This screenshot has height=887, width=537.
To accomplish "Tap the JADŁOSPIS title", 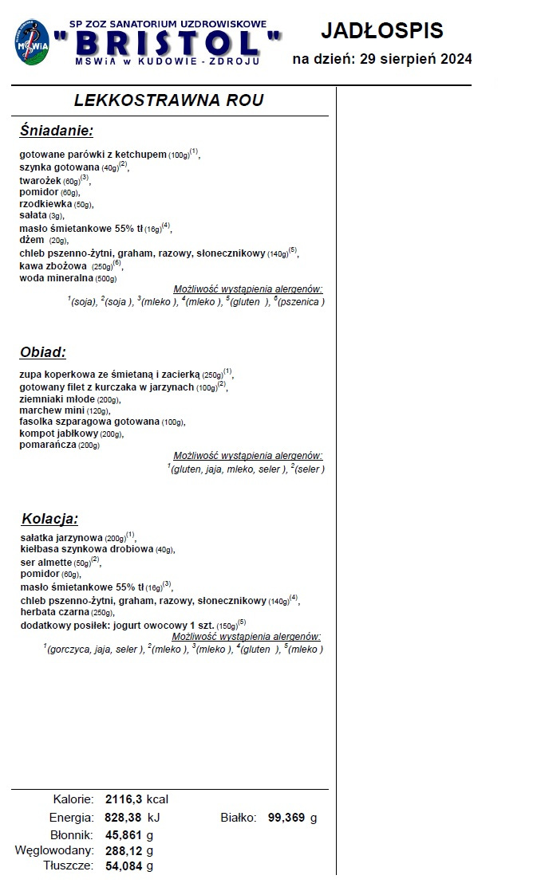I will tap(381, 31).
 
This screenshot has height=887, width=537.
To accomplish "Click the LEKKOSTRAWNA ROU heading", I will tap(168, 100).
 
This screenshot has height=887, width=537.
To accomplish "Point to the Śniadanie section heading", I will tap(57, 131).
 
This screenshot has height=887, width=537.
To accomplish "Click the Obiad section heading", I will tap(43, 352).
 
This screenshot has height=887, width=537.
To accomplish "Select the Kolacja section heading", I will tap(49, 519).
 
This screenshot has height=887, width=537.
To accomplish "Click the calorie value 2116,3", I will tap(124, 799).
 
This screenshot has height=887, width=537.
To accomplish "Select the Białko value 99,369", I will tap(286, 818).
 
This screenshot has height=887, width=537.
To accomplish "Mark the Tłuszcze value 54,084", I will tap(124, 865).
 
